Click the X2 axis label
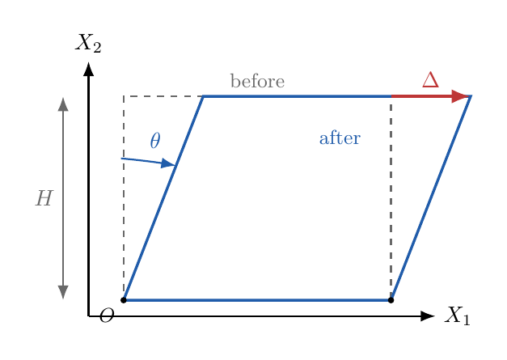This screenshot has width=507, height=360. click(x=88, y=43)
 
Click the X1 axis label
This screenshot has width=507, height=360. click(x=457, y=316)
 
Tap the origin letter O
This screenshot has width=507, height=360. click(x=107, y=316)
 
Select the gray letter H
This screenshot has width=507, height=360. click(x=44, y=198)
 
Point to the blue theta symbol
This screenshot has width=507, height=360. click(x=155, y=140)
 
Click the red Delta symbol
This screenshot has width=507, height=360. click(x=430, y=79)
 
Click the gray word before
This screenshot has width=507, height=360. click(x=257, y=81)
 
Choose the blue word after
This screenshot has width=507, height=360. click(x=340, y=138)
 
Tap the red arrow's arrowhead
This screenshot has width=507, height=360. click(x=460, y=96)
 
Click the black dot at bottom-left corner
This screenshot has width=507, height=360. click(x=124, y=300)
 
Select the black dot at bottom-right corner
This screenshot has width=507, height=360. click(x=391, y=300)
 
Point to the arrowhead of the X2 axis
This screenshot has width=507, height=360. click(x=88, y=69)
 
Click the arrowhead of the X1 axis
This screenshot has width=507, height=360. click(x=428, y=316)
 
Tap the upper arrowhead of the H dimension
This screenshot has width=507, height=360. click(x=63, y=104)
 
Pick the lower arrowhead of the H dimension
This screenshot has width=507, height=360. click(x=63, y=292)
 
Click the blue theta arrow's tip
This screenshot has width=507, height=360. click(x=175, y=165)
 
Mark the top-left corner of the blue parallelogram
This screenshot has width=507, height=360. click(x=203, y=96)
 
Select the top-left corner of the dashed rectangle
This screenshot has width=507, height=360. click(x=124, y=96)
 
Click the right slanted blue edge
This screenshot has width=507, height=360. click(x=431, y=198)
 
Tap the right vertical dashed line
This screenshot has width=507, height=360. click(x=391, y=198)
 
